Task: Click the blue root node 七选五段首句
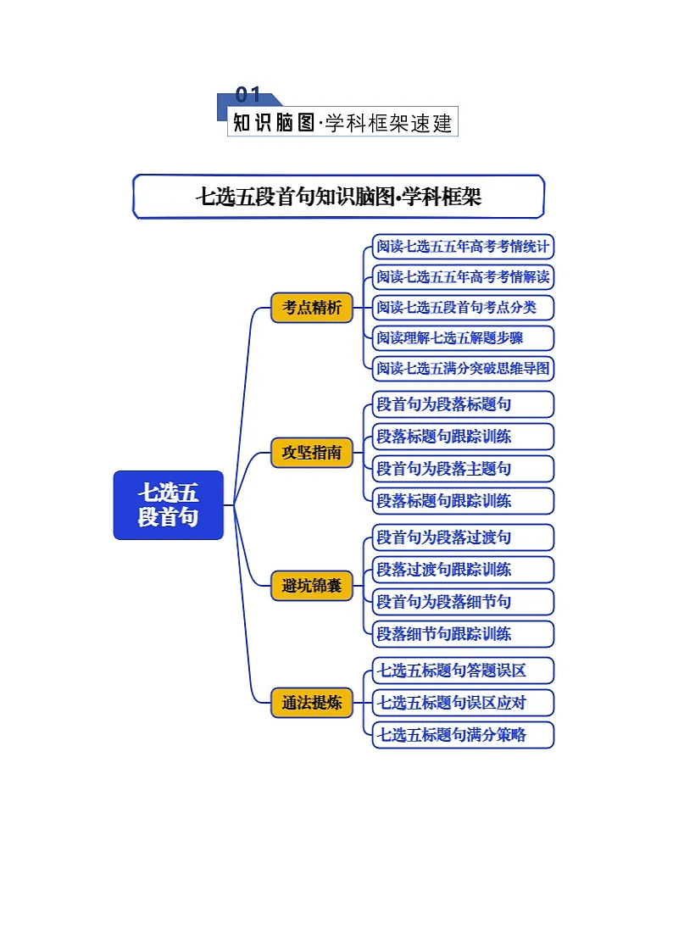[168, 505]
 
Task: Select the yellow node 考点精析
[312, 307]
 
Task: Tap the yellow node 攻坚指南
[312, 453]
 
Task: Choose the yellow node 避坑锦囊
[312, 585]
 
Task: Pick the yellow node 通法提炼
[312, 702]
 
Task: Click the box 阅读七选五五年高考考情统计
[463, 247]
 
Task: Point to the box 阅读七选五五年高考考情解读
[463, 277]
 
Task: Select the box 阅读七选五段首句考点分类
[463, 307]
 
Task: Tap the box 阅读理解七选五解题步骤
[463, 337]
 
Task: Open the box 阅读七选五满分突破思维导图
[463, 368]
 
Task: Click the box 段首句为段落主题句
[463, 468]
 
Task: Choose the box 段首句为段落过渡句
[463, 537]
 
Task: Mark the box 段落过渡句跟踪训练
[463, 570]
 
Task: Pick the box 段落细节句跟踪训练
[463, 633]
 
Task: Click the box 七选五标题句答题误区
[463, 671]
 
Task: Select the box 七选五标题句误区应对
[463, 703]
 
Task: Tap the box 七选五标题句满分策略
[463, 735]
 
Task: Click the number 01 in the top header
[248, 95]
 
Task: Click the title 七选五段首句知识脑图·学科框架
[338, 197]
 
